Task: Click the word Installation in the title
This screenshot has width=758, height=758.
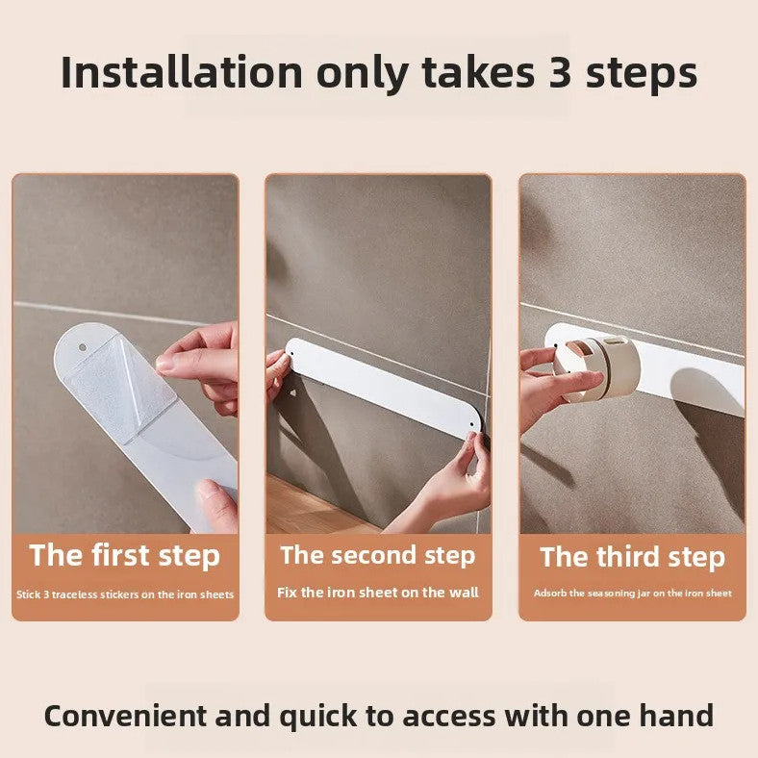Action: click(x=182, y=73)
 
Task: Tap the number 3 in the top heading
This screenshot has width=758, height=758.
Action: click(x=560, y=73)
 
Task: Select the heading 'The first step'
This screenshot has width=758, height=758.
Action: click(x=125, y=556)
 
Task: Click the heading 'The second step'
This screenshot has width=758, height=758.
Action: click(x=378, y=555)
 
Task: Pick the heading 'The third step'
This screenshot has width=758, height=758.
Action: click(x=632, y=557)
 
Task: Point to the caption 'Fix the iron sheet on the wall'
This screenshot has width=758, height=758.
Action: click(x=378, y=593)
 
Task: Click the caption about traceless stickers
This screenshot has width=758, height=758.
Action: click(x=125, y=594)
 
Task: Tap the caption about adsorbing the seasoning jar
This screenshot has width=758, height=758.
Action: click(x=632, y=594)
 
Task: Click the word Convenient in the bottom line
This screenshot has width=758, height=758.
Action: click(x=125, y=716)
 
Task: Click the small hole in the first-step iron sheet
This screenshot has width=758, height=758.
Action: click(x=83, y=347)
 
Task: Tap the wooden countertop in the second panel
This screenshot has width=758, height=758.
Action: click(x=310, y=508)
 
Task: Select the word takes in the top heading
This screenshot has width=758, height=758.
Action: click(x=479, y=73)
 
